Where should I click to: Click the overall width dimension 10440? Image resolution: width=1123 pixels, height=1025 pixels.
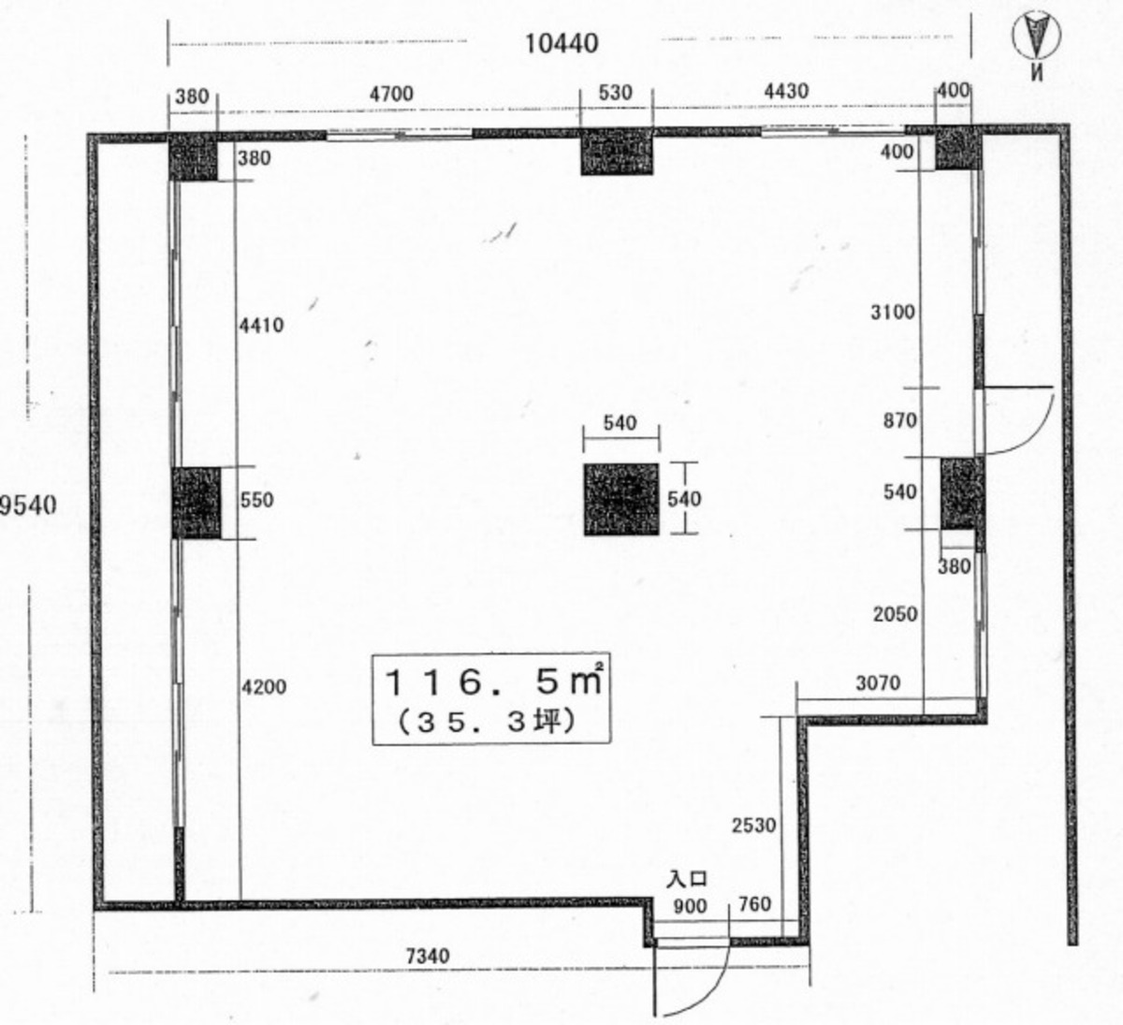(561, 43)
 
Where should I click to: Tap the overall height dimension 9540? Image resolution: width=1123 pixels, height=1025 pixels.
(28, 505)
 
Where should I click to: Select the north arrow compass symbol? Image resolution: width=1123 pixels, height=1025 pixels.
(1036, 35)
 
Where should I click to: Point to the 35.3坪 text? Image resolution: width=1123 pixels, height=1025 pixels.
(486, 723)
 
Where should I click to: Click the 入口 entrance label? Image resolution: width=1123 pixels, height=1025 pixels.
(686, 878)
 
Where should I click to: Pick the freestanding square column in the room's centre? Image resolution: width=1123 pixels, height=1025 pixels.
(621, 499)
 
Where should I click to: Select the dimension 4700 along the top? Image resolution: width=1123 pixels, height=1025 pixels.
(391, 94)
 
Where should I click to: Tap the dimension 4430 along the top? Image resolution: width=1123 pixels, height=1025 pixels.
(786, 92)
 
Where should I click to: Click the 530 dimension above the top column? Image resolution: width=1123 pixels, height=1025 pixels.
(615, 93)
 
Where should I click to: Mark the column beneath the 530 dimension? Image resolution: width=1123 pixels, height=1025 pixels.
(617, 152)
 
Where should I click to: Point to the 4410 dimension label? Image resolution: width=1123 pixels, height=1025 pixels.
(261, 325)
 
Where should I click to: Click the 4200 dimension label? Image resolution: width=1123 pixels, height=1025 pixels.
(264, 687)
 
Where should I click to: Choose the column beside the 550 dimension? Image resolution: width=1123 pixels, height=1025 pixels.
(196, 503)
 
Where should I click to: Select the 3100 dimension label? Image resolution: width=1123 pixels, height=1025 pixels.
(893, 312)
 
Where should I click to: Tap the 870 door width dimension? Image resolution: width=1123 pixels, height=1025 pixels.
(900, 420)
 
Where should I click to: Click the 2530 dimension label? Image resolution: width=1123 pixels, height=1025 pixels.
(753, 825)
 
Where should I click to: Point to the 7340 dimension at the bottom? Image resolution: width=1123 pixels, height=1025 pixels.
(428, 956)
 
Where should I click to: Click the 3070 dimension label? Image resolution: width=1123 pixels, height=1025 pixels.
(878, 682)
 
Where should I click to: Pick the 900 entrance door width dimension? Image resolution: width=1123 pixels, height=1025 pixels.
(690, 906)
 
